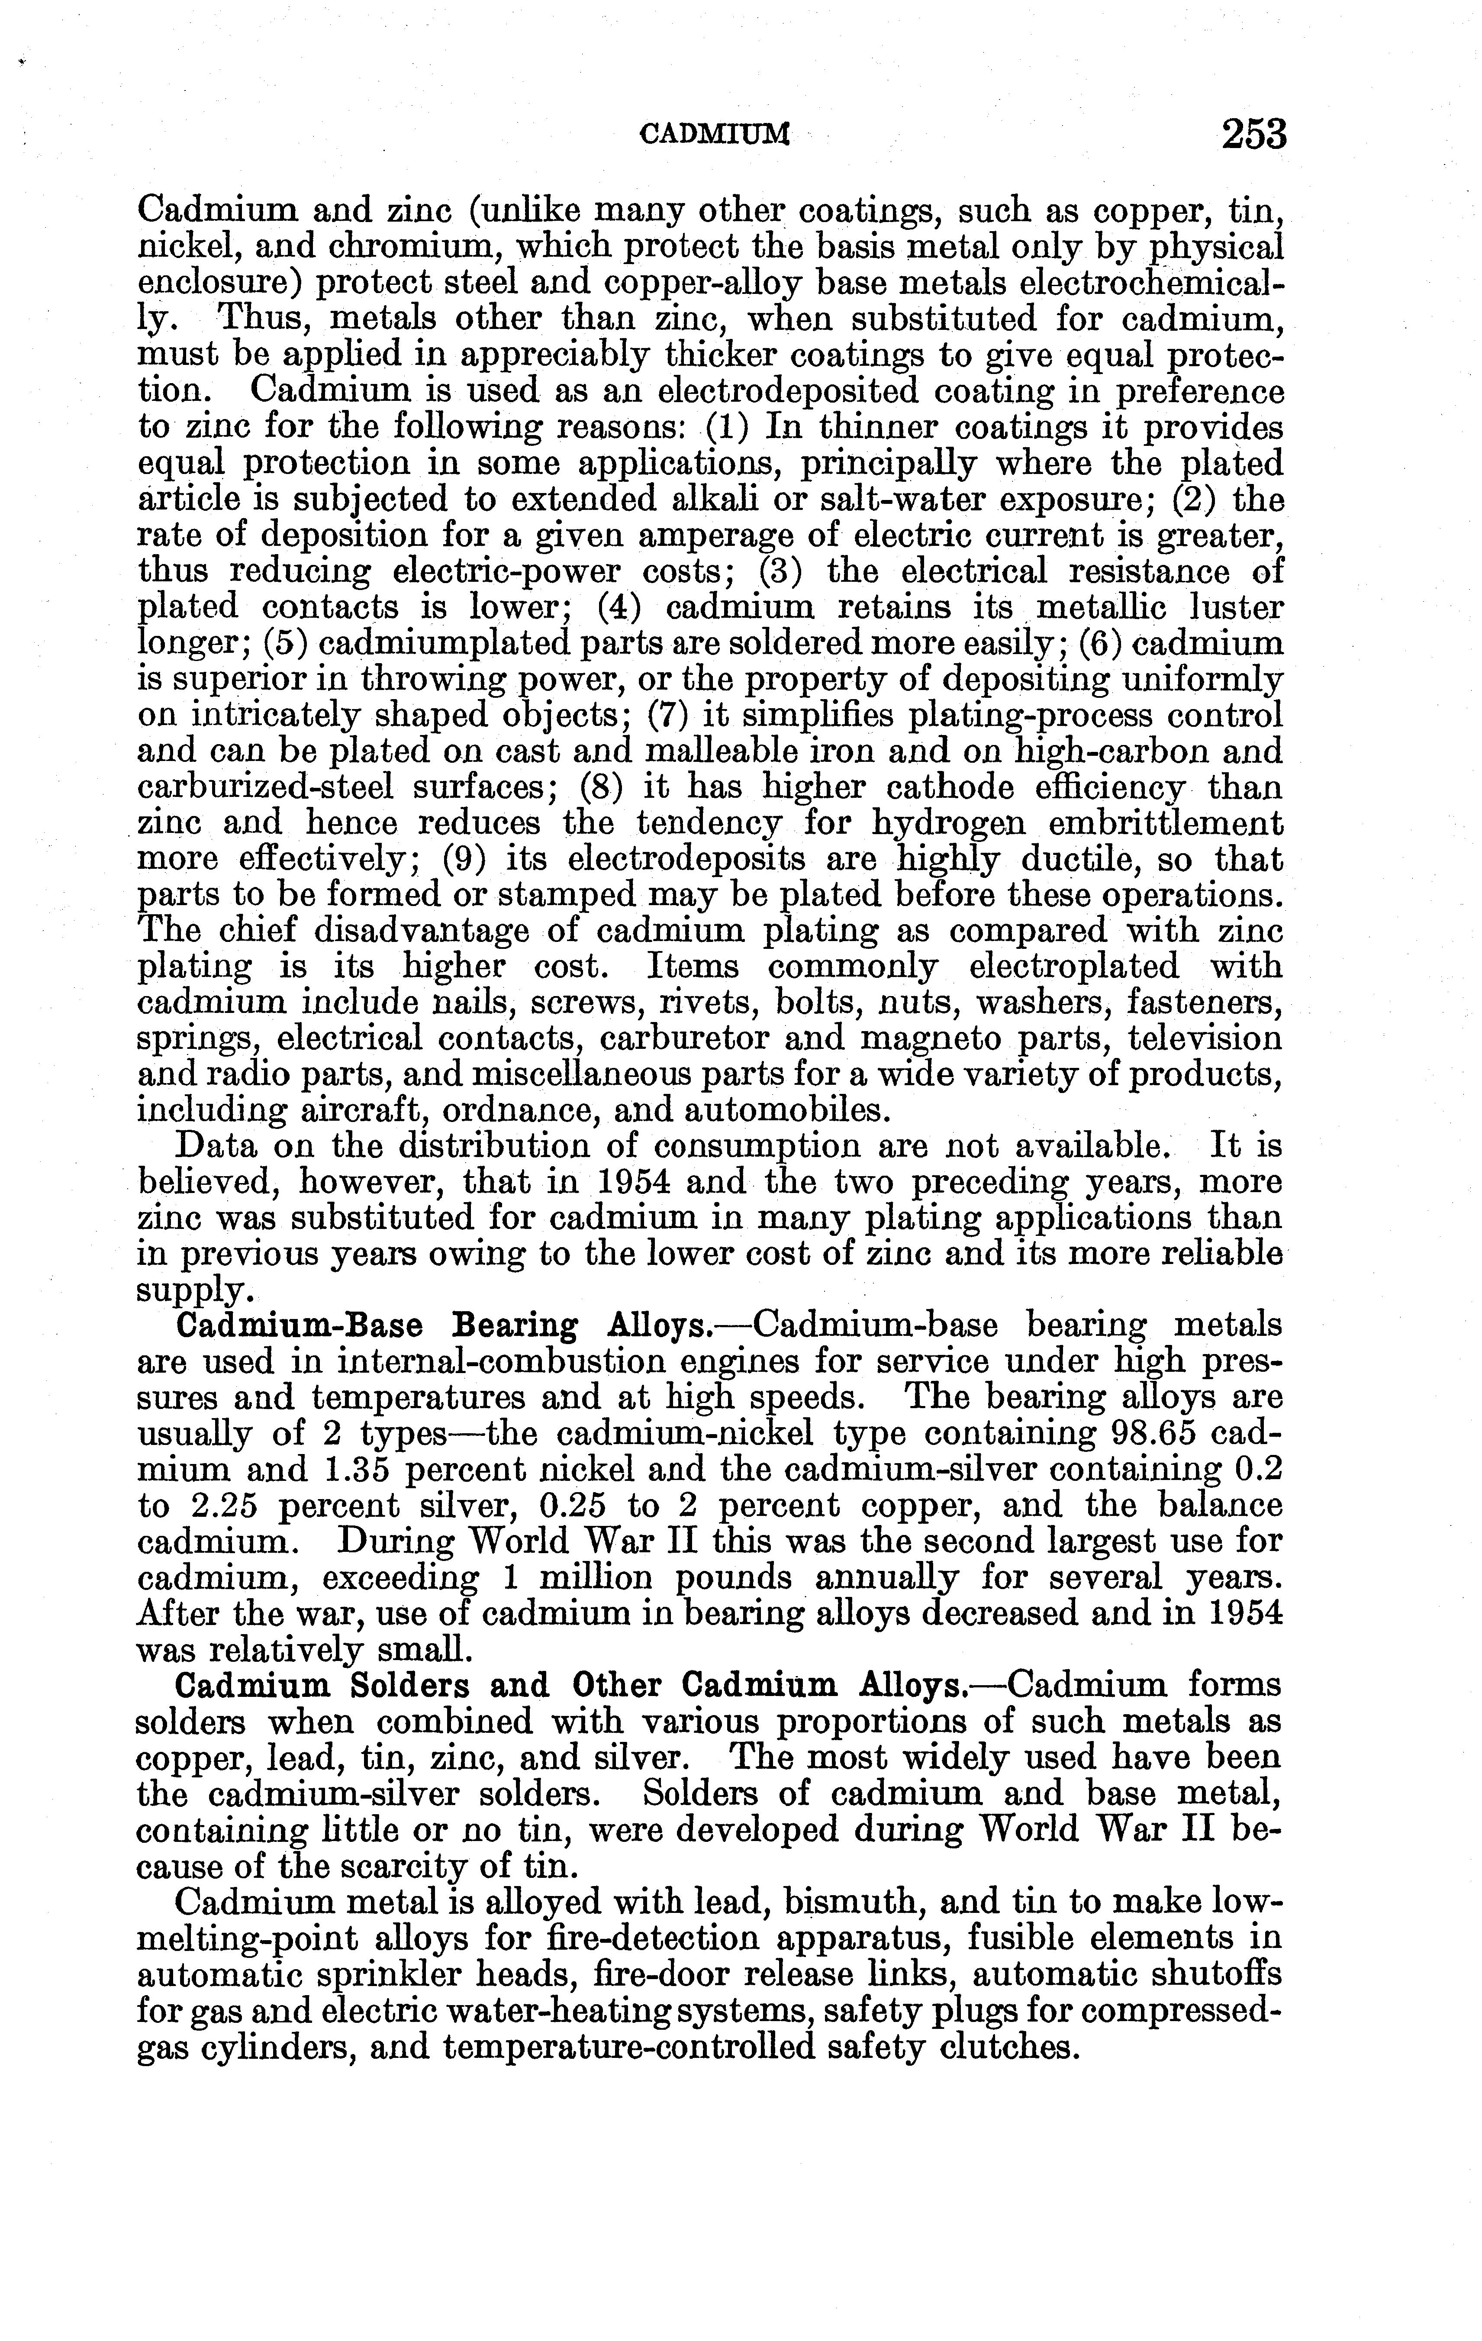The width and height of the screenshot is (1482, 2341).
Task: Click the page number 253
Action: tap(1253, 134)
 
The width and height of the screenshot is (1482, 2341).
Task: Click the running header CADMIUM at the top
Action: tap(714, 136)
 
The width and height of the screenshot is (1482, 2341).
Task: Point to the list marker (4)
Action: tap(617, 606)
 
